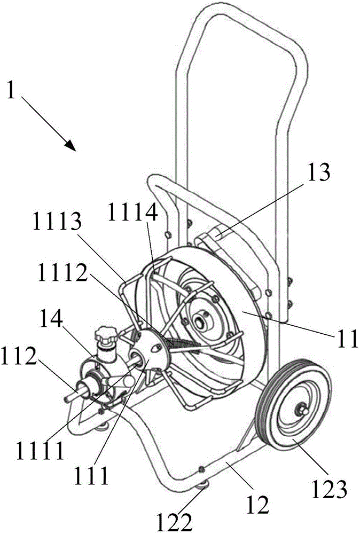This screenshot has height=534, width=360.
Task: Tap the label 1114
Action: (x=133, y=214)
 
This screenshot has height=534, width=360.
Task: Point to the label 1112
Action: (x=62, y=271)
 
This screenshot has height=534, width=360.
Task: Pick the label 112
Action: (x=19, y=356)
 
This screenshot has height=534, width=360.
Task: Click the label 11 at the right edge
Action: (x=346, y=337)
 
